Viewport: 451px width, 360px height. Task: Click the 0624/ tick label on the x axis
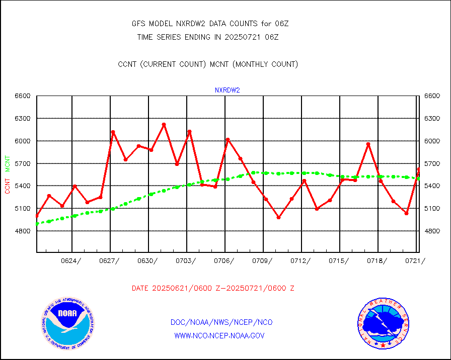[71, 260]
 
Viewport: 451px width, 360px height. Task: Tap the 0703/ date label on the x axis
[186, 260]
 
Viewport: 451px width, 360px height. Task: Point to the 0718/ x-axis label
[378, 260]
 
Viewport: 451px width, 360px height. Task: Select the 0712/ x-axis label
[301, 260]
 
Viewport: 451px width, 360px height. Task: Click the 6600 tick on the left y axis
[23, 96]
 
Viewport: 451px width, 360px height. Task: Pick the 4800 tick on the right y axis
[432, 231]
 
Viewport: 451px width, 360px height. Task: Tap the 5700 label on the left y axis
[23, 163]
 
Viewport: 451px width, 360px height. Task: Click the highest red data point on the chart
[164, 124]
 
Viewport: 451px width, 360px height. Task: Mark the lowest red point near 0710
[279, 218]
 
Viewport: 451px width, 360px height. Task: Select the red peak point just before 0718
[368, 144]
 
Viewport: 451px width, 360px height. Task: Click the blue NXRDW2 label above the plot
[228, 91]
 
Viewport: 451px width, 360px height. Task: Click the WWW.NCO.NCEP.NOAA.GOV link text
[219, 335]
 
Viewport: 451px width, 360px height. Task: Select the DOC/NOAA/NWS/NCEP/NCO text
[221, 322]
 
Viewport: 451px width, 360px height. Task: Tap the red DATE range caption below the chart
[213, 288]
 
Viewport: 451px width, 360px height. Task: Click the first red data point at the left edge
[37, 216]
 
